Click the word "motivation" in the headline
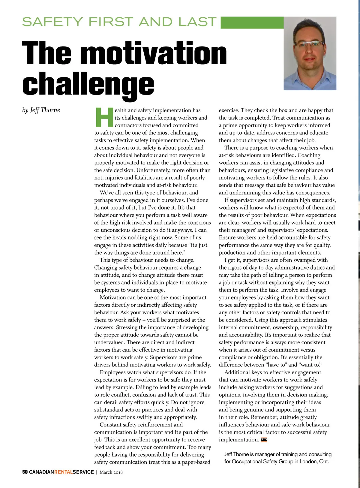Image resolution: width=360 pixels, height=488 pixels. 154,53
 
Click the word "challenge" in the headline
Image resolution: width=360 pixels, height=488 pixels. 88,84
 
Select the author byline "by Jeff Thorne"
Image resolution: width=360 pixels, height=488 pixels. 41,110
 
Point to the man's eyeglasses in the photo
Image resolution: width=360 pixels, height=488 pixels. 309,44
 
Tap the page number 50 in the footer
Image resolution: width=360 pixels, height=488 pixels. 25,472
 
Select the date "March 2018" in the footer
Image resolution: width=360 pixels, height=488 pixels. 111,472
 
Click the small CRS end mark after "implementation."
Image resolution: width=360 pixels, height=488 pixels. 264,440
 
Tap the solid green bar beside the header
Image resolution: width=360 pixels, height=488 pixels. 252,23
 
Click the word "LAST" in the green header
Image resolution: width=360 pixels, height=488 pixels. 197,22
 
